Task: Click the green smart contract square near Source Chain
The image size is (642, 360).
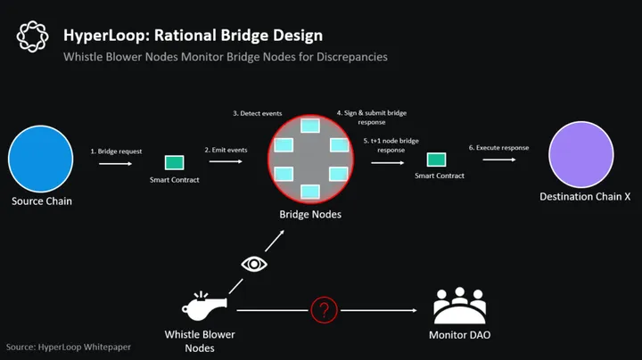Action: pos(174,163)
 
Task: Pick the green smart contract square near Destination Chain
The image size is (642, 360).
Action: pos(438,160)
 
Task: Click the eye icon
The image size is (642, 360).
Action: pos(254,265)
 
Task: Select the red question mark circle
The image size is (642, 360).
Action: pos(324,310)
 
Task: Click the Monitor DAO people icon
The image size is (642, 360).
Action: pos(459,306)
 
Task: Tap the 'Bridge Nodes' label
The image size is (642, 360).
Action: pos(309,215)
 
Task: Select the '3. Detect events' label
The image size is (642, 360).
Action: pos(259,113)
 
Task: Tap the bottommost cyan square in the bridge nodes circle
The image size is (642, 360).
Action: pos(310,190)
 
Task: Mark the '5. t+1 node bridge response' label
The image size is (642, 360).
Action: pos(391,145)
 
